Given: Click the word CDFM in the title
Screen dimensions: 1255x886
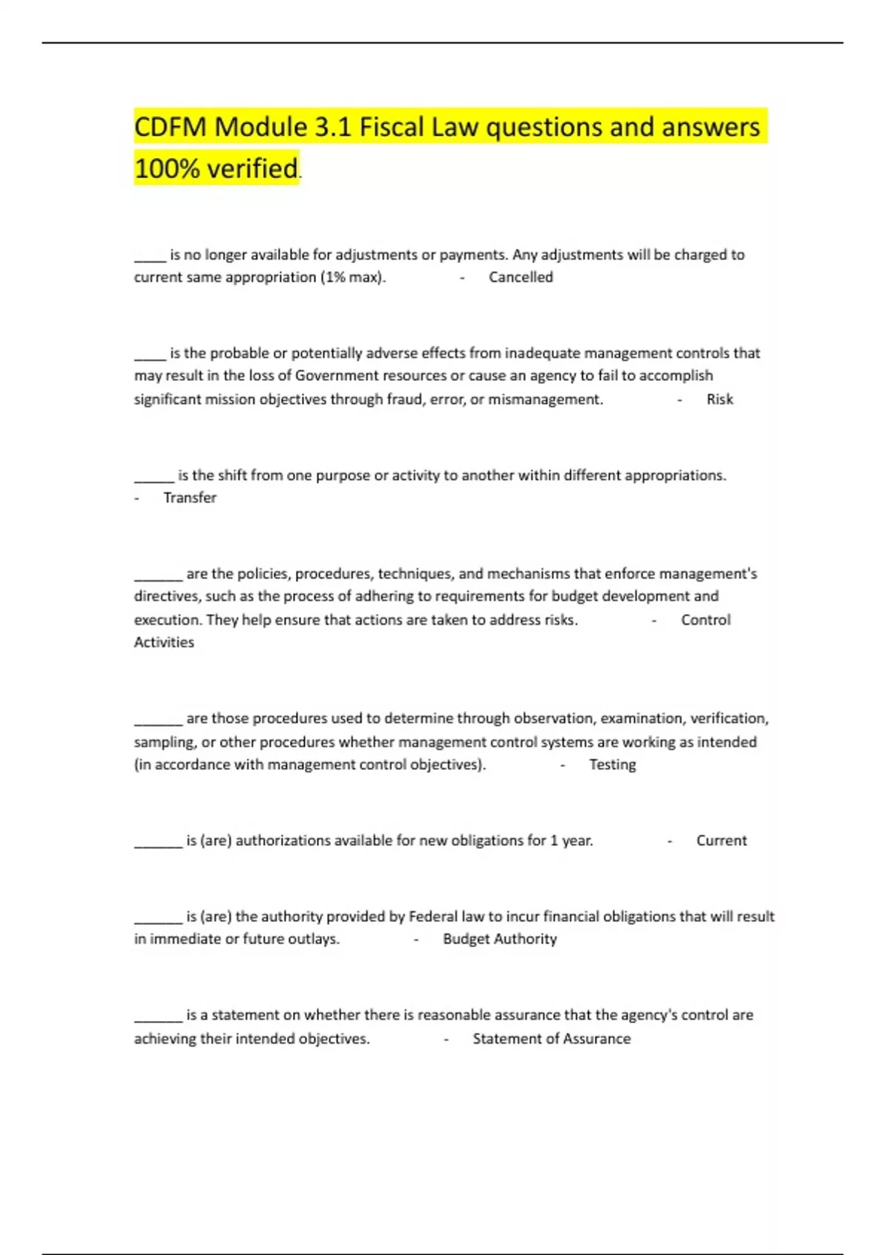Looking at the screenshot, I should click(x=171, y=127).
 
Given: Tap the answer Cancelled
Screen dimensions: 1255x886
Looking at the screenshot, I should click(x=521, y=277).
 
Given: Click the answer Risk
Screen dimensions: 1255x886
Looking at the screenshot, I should click(x=719, y=399).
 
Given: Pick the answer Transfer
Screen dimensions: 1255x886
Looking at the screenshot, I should click(x=190, y=498).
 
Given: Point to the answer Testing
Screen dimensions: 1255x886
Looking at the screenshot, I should click(x=612, y=765).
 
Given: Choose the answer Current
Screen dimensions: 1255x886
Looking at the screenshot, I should click(x=721, y=840).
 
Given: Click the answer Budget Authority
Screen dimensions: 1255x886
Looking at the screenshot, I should click(x=500, y=939).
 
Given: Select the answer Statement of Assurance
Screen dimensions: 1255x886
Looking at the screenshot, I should click(x=552, y=1039).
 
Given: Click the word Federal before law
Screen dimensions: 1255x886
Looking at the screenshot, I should click(x=433, y=916).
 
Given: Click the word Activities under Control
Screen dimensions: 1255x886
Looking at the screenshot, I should click(x=164, y=642).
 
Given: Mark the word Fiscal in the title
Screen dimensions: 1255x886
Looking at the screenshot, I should click(x=392, y=127).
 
